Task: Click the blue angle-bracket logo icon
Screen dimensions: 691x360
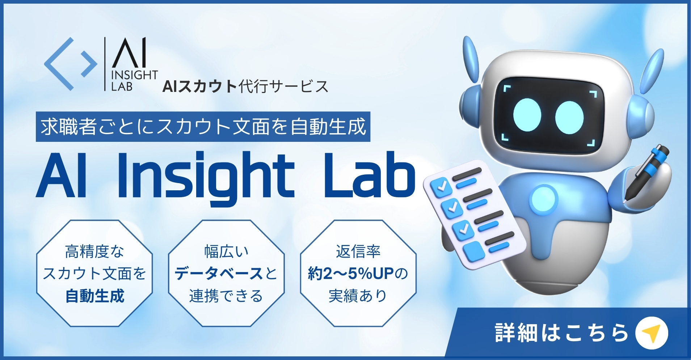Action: click(x=71, y=64)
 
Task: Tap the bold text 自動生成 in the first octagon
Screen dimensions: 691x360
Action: click(x=95, y=296)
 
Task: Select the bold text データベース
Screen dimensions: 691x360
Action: click(x=219, y=274)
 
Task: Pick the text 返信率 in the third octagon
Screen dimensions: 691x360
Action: click(x=358, y=251)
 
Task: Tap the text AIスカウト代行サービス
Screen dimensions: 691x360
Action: click(x=245, y=86)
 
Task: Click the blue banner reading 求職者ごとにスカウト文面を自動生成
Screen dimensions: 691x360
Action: click(x=203, y=127)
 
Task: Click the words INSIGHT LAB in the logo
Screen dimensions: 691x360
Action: click(x=134, y=81)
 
